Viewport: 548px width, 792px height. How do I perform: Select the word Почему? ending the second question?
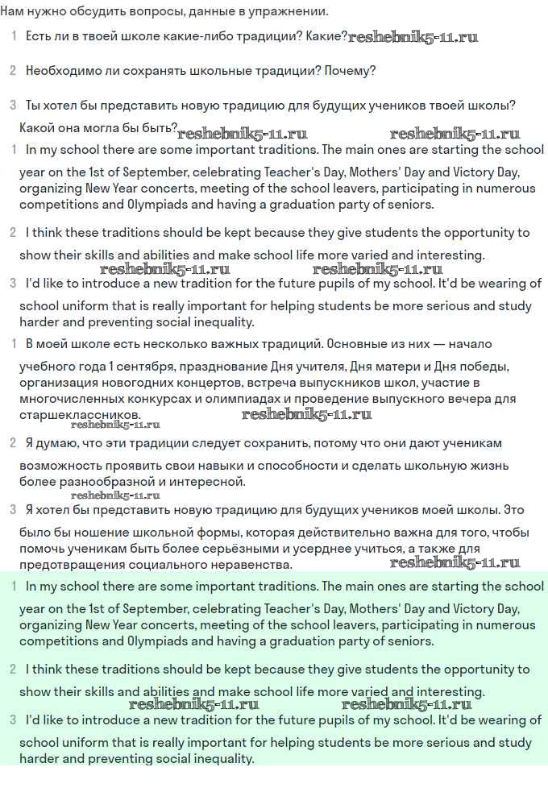[351, 71]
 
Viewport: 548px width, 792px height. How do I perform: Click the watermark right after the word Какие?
[413, 37]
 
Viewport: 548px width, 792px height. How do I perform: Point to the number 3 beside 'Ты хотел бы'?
[13, 105]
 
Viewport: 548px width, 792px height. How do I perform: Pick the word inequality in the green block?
[218, 759]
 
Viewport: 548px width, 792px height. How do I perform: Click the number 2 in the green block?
[13, 669]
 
